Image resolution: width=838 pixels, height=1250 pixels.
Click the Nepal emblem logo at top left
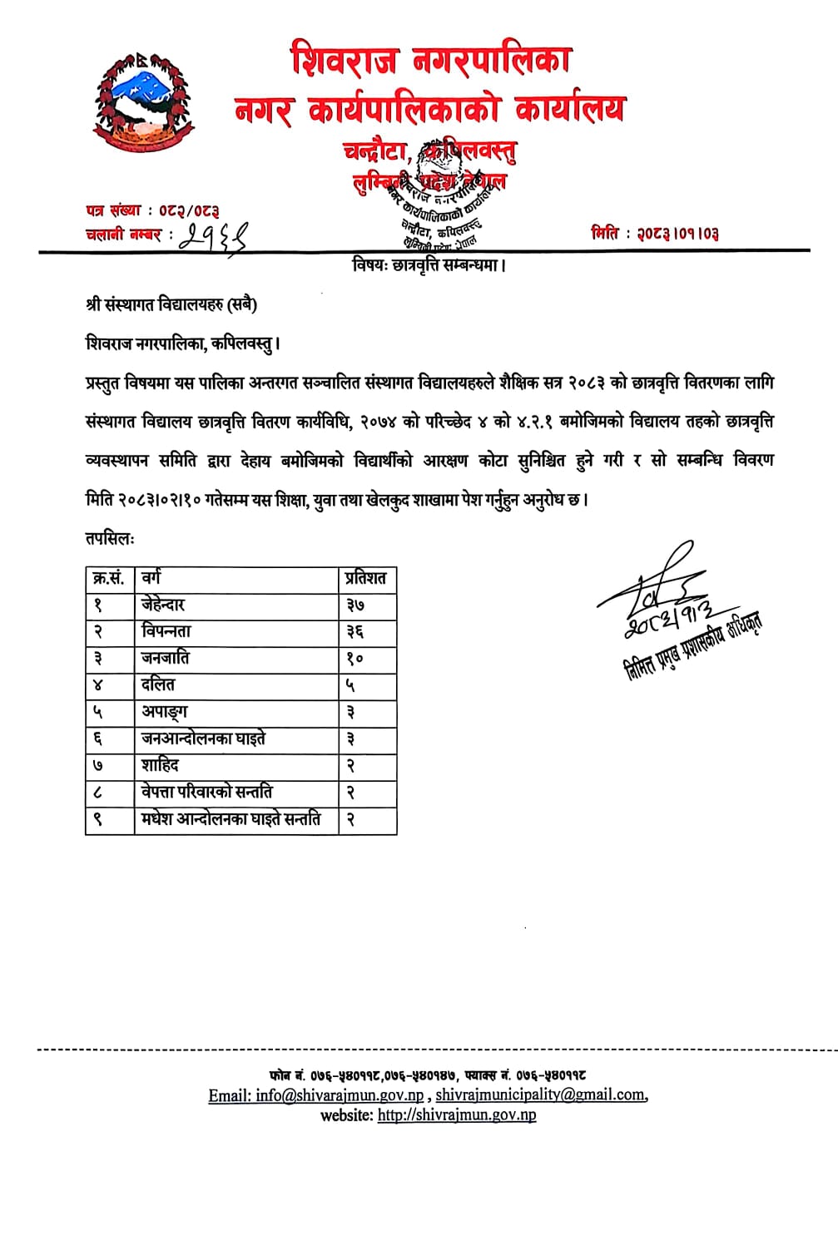[142, 101]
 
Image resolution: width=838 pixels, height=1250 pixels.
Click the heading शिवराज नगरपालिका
[430, 61]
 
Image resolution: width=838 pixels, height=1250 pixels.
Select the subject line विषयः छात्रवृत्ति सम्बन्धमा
[429, 265]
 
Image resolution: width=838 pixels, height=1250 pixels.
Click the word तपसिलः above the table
[109, 538]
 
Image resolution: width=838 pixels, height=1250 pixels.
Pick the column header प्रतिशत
[366, 579]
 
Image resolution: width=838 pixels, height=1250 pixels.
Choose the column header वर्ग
[151, 578]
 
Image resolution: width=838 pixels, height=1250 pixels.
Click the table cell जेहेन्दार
[163, 605]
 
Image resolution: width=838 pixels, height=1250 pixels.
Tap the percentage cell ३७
[355, 605]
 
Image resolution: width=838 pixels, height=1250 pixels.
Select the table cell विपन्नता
[166, 631]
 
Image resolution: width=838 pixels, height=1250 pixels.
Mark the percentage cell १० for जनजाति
[355, 659]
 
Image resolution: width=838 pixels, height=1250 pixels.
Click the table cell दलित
[158, 684]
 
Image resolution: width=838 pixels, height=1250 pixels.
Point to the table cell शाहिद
[160, 765]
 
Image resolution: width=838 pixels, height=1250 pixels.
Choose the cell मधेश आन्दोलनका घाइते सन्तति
[231, 818]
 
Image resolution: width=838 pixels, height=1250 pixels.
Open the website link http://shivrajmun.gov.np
[457, 1115]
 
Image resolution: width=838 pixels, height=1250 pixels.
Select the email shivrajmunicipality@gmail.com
[540, 1095]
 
